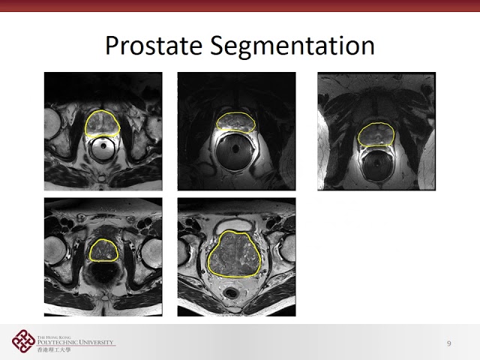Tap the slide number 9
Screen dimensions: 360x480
click(x=448, y=343)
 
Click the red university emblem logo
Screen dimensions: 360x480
click(x=22, y=342)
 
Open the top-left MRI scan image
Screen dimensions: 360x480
click(x=103, y=131)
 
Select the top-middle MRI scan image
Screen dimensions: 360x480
click(x=236, y=131)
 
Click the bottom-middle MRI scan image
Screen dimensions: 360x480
click(x=236, y=256)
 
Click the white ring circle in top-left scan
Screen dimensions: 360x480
click(x=103, y=149)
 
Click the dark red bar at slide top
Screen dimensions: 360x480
click(x=240, y=5)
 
